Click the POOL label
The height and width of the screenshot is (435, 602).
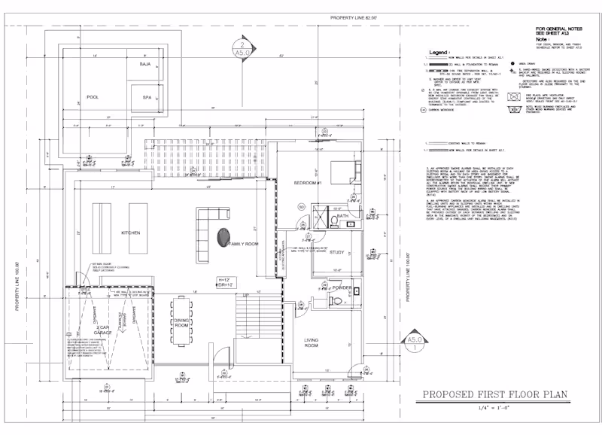93,97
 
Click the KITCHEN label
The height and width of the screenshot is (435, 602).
131,233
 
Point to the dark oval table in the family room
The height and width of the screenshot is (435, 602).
223,236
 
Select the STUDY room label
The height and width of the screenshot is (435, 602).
336,252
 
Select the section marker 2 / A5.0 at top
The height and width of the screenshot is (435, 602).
242,53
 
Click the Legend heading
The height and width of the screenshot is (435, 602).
438,53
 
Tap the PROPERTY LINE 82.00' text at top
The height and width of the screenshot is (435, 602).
343,17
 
